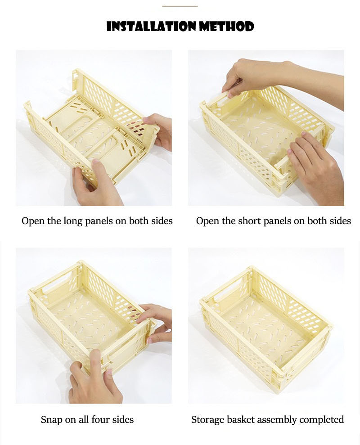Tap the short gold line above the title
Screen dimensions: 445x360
tap(180, 6)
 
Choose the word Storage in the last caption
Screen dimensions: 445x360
tap(207, 420)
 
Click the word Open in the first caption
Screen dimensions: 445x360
tap(32, 221)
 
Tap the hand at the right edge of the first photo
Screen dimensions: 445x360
tap(160, 130)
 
